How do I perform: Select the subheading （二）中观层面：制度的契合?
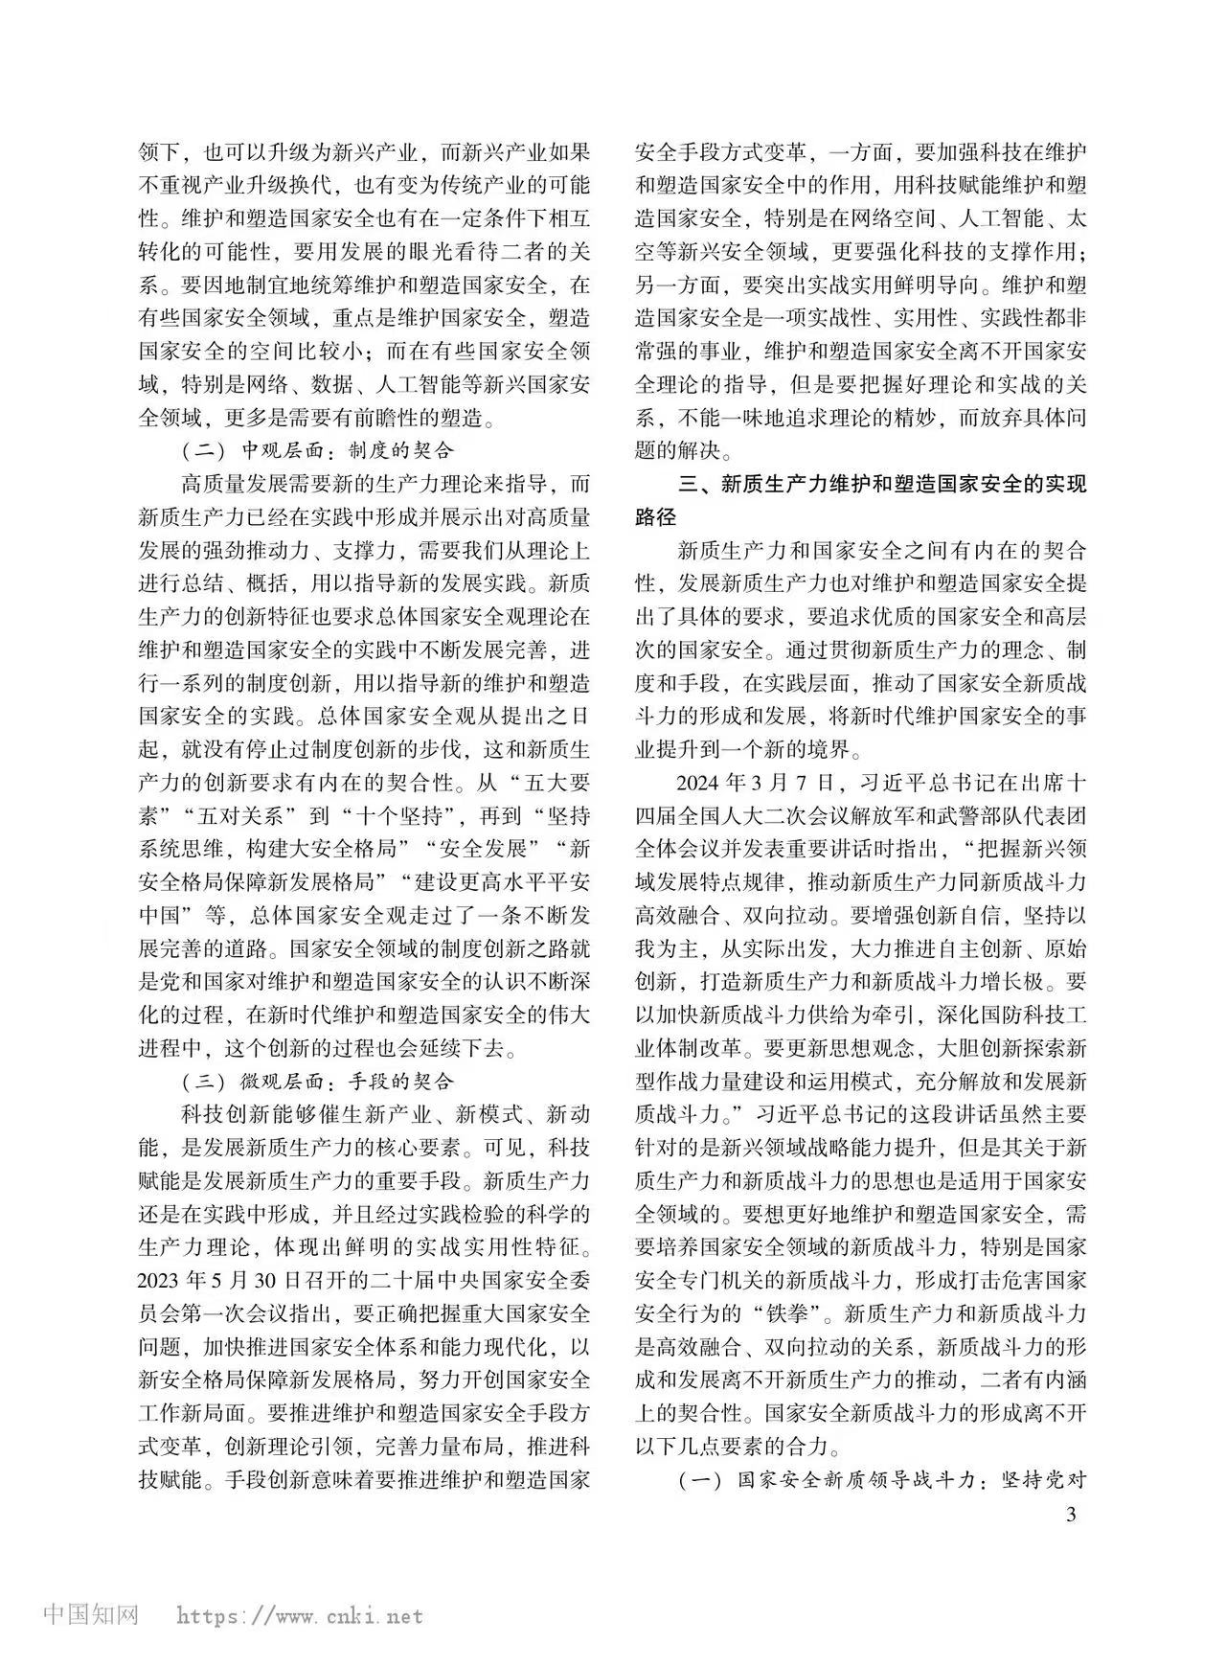(317, 450)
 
